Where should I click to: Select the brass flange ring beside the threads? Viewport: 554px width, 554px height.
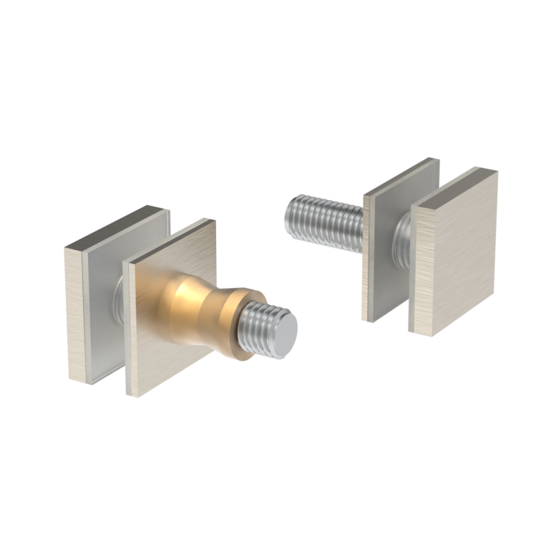(x=238, y=325)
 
